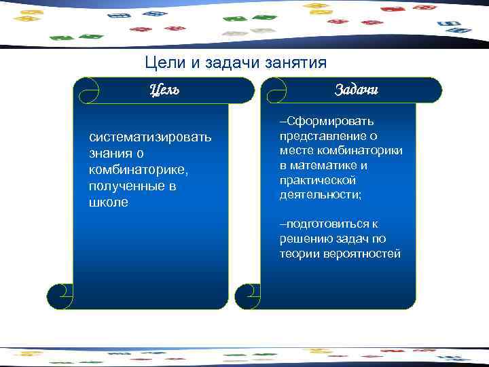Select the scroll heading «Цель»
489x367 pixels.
click(x=164, y=90)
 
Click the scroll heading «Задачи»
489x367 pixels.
click(x=357, y=90)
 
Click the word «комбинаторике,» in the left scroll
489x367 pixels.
click(x=132, y=171)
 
